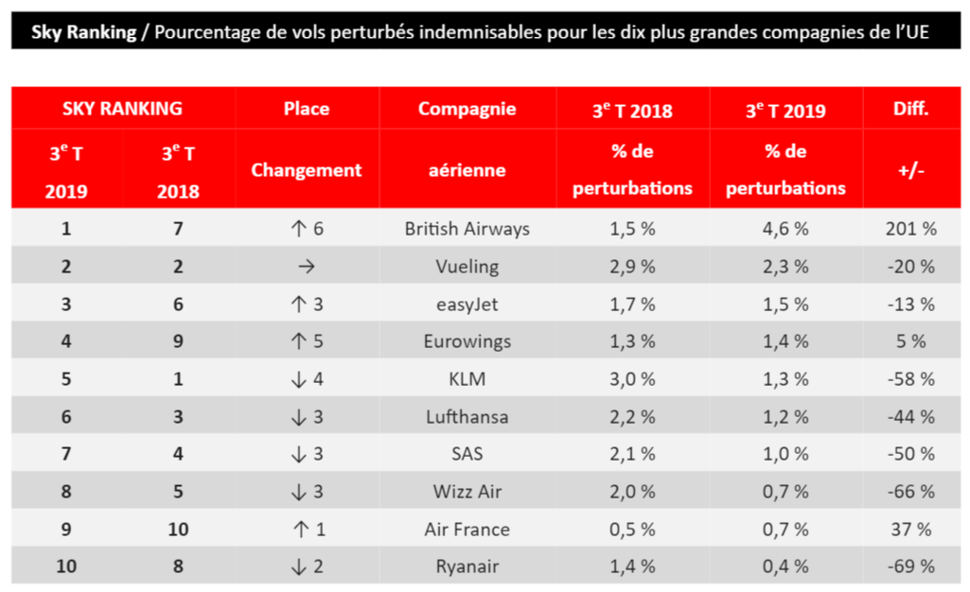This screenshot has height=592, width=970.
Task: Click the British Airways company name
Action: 467,229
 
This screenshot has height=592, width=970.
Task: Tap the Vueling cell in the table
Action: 467,267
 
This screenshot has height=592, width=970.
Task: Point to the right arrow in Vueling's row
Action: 307,267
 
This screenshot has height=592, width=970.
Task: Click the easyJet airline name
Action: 467,305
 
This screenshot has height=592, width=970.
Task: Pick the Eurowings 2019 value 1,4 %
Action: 785,341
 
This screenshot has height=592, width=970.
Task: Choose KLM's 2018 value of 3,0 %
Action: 632,379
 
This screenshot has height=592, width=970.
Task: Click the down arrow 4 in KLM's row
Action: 307,379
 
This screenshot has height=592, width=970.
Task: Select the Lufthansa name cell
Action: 467,416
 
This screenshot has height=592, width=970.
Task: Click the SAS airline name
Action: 467,454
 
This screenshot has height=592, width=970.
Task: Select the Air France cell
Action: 467,529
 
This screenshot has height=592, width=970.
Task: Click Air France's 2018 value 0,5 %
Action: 632,529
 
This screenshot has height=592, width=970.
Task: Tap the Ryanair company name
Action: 467,566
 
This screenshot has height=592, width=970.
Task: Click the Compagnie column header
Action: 467,109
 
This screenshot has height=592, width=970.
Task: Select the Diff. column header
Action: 910,109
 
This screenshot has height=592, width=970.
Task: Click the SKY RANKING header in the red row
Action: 122,109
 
